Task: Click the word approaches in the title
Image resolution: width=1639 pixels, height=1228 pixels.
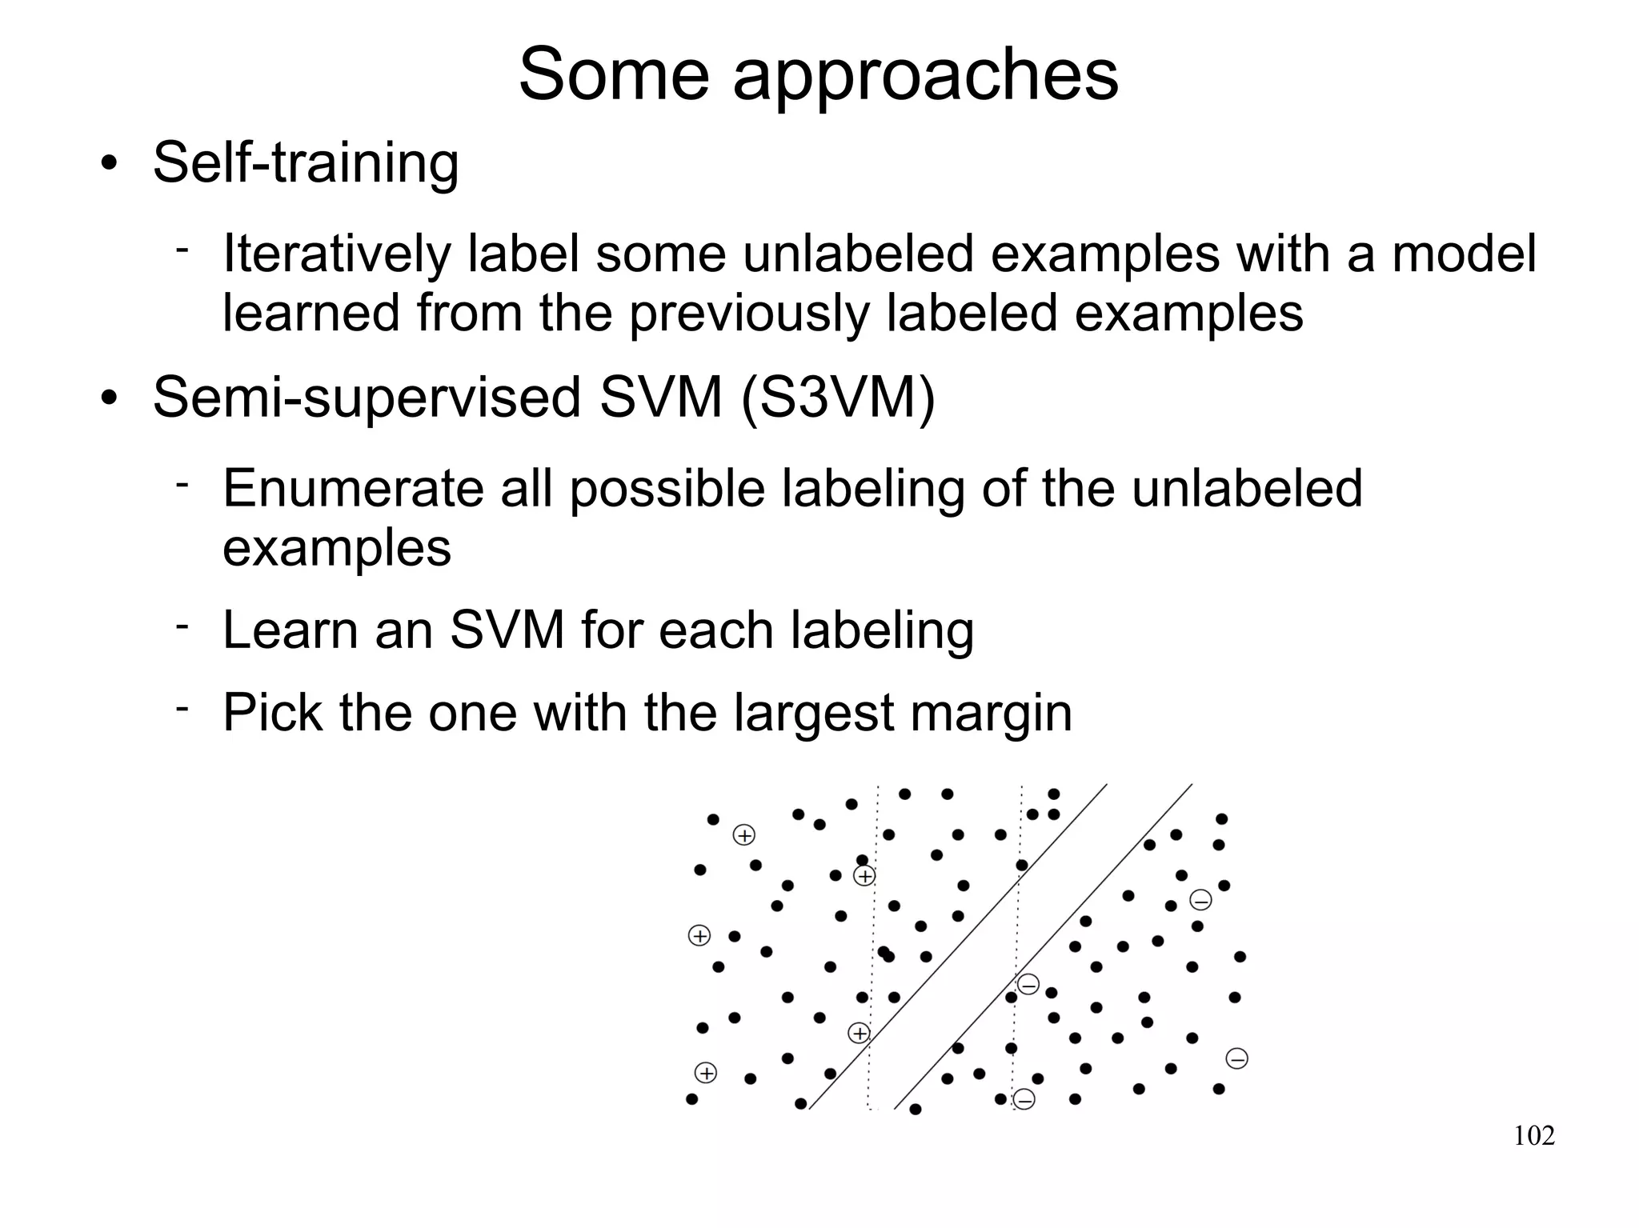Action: pyautogui.click(x=925, y=76)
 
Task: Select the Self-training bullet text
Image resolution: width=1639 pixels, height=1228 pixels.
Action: pyautogui.click(x=306, y=164)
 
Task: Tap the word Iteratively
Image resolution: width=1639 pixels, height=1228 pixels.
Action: pyautogui.click(x=336, y=254)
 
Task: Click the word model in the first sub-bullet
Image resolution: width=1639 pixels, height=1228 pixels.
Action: pyautogui.click(x=1464, y=254)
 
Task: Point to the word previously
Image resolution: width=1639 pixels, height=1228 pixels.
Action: pyautogui.click(x=748, y=314)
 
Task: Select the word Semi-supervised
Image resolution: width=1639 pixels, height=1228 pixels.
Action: pyautogui.click(x=367, y=399)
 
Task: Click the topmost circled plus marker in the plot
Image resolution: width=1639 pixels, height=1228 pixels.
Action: pyautogui.click(x=744, y=835)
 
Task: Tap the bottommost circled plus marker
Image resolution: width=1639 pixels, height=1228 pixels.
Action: pyautogui.click(x=705, y=1073)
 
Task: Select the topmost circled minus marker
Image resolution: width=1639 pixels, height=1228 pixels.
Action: pyautogui.click(x=1200, y=900)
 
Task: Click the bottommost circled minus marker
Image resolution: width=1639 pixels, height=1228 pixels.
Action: pyautogui.click(x=1024, y=1099)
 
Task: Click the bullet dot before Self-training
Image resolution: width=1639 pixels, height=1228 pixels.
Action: pyautogui.click(x=110, y=164)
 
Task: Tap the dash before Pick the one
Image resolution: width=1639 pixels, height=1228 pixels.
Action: pyautogui.click(x=182, y=708)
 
